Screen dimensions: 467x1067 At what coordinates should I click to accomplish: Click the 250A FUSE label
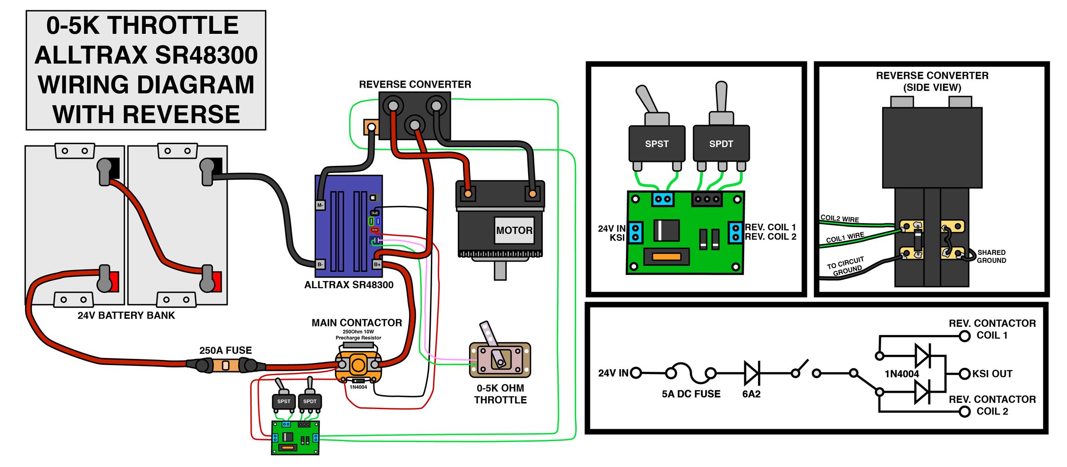225,350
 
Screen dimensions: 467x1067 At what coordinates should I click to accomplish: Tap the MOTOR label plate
514,230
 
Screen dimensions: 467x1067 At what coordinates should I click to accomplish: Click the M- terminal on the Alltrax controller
320,205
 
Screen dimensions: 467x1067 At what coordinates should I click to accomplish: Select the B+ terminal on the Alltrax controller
377,264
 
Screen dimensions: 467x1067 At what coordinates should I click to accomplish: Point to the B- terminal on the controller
320,264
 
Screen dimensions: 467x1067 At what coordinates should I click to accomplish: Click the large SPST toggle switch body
657,144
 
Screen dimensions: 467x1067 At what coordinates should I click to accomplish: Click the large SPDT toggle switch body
721,144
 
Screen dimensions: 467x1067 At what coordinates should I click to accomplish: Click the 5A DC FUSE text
691,394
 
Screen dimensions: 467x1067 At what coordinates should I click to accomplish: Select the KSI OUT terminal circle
964,374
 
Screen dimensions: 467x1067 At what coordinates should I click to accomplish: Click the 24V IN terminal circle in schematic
636,373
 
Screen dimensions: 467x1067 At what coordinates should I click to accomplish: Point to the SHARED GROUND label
991,256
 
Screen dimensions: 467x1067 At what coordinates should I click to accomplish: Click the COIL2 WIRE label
839,218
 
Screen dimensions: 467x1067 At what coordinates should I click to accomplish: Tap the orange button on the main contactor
358,366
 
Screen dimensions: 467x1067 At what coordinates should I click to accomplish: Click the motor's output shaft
500,271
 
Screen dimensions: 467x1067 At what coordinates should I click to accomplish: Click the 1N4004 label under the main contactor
358,387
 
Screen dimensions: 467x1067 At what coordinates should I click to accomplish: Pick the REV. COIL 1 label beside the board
770,227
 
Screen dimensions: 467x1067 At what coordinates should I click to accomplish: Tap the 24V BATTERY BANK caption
126,315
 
